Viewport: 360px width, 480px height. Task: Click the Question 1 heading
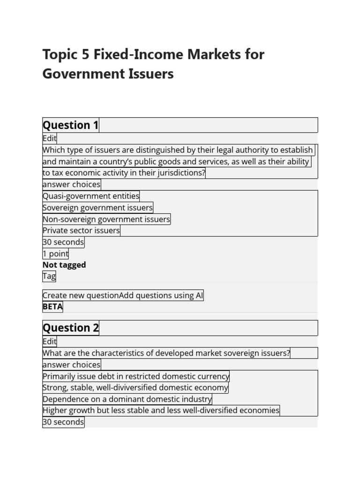(71, 125)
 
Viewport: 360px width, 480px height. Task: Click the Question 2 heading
(71, 328)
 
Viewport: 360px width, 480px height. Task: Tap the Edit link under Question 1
(49, 138)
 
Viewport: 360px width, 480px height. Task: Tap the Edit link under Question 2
(49, 342)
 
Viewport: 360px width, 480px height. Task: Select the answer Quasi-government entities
(91, 196)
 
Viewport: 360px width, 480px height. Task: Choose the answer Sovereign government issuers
(97, 208)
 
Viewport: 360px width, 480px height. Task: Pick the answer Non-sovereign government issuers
(106, 219)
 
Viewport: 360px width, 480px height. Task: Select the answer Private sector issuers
(81, 231)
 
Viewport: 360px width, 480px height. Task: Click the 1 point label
(55, 254)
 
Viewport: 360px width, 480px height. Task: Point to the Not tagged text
(64, 265)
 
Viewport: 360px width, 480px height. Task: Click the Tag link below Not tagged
(49, 276)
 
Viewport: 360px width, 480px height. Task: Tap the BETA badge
(52, 307)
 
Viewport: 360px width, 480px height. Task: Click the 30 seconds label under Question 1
(63, 242)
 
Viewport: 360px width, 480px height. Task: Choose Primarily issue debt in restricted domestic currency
(136, 376)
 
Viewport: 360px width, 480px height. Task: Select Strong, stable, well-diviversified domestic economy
(135, 388)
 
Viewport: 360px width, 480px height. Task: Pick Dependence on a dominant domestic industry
(127, 399)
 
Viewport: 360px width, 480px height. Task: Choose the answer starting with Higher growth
(161, 411)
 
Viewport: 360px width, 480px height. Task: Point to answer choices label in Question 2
(71, 365)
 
